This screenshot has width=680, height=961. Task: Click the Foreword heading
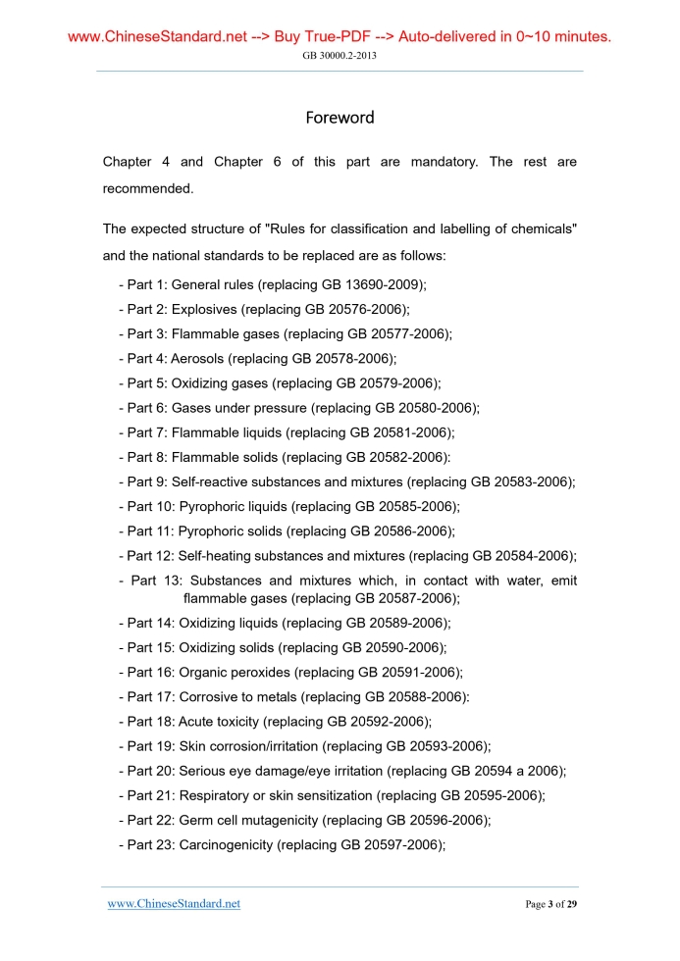pos(340,118)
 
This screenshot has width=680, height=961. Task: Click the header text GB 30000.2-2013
pos(340,56)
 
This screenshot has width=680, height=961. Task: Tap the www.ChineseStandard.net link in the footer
pos(174,903)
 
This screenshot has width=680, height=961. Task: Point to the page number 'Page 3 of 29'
pos(551,903)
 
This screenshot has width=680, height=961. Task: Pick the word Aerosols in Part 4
pos(197,359)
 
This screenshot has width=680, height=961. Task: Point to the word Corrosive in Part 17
pos(209,696)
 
